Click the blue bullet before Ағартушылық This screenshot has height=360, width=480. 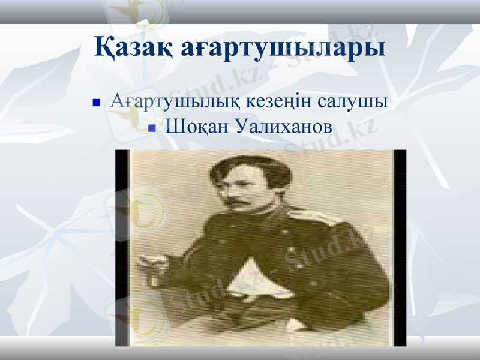pos(95,103)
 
